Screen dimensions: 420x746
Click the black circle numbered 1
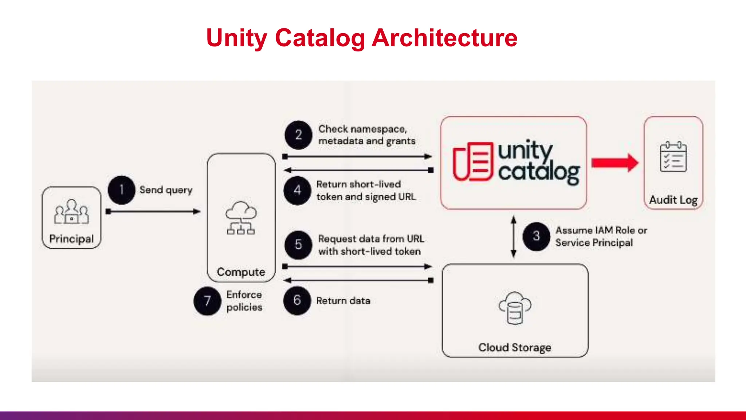click(x=121, y=190)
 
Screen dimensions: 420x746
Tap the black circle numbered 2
click(x=298, y=135)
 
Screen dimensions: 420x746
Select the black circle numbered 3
click(x=536, y=236)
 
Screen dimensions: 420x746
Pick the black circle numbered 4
click(x=297, y=190)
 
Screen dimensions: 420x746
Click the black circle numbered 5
click(x=298, y=245)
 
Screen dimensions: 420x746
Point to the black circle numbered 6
click(x=297, y=300)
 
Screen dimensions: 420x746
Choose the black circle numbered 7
click(x=207, y=301)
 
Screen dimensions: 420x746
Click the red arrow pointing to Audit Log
click(x=615, y=163)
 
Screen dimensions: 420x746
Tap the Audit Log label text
click(x=673, y=200)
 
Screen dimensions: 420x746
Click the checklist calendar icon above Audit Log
click(x=673, y=157)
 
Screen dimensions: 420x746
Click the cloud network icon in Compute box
click(x=241, y=218)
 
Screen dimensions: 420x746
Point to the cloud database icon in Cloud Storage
click(x=515, y=308)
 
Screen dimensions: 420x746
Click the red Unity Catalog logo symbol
click(x=472, y=162)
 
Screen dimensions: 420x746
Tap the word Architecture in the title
click(x=444, y=38)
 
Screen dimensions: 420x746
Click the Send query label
click(x=166, y=190)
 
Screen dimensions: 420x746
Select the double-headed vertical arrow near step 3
click(x=514, y=236)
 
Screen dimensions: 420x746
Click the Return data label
click(x=343, y=301)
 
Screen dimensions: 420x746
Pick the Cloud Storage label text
click(x=515, y=347)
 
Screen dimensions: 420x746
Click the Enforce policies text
click(x=244, y=301)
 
